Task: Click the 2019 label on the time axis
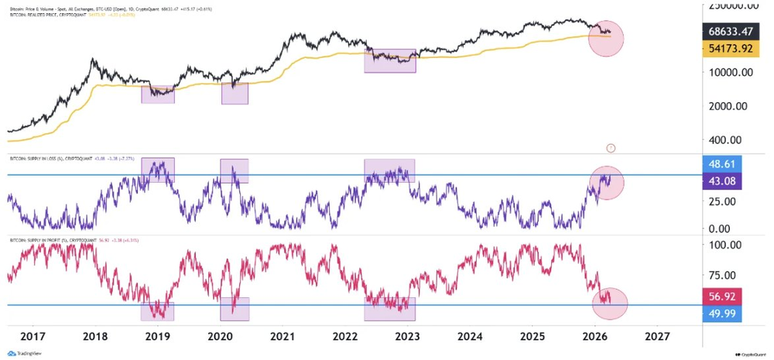point(157,337)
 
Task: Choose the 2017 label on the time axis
point(32,337)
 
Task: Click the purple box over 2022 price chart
point(390,60)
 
